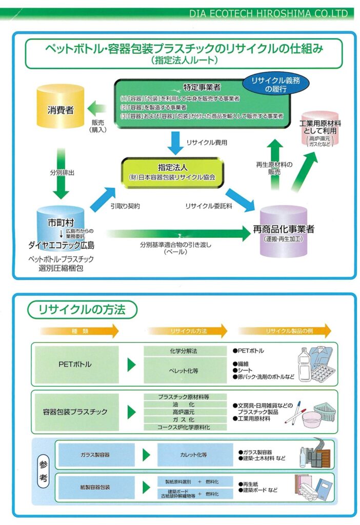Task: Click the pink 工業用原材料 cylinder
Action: click(320, 128)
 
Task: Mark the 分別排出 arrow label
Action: click(64, 173)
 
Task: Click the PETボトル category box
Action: click(75, 365)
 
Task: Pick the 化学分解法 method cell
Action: click(183, 351)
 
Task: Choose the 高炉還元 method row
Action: click(183, 412)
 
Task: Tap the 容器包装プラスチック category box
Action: click(75, 412)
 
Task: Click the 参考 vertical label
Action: click(44, 469)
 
